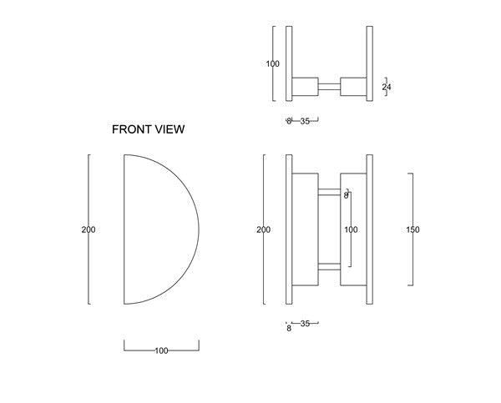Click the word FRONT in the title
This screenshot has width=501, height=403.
click(132, 129)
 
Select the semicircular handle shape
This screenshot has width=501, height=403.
click(161, 229)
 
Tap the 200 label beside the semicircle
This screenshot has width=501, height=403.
click(89, 229)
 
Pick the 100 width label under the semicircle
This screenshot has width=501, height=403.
click(161, 350)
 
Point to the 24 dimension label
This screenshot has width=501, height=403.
click(387, 87)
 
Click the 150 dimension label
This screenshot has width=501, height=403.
click(412, 229)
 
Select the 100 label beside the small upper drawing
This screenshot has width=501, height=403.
click(272, 64)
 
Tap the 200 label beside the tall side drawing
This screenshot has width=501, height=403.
click(264, 229)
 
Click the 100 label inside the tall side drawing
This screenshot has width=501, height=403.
click(351, 229)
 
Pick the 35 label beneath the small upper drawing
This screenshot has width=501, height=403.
click(305, 121)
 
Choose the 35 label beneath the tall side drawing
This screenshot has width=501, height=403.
click(305, 324)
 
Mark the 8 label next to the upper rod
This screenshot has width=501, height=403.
click(346, 195)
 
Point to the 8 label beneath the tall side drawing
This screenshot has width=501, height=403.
click(289, 328)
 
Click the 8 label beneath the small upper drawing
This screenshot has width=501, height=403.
click(289, 121)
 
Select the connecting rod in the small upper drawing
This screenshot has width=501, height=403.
click(330, 87)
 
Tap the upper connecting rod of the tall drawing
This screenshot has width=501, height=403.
click(330, 192)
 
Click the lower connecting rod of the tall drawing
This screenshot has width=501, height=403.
click(330, 267)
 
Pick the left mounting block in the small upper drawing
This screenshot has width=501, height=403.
click(305, 87)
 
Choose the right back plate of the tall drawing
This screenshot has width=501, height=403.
click(369, 229)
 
